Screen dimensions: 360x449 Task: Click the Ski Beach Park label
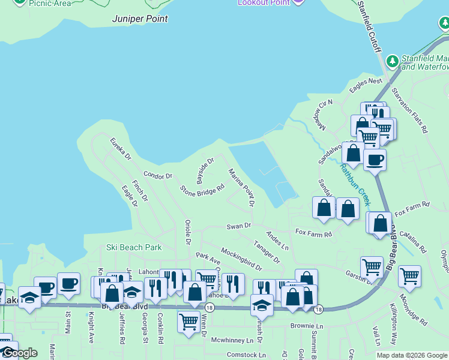[x=134, y=247]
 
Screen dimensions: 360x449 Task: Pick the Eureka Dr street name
[x=120, y=149]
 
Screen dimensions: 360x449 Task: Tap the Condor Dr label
[x=158, y=176]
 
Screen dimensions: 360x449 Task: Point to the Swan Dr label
[x=238, y=226]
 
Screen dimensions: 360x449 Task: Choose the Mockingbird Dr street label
[x=241, y=259]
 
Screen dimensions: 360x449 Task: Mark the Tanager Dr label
[x=267, y=252]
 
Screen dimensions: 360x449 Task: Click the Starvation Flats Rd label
[x=409, y=110]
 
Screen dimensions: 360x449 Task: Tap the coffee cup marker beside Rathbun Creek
[x=375, y=160]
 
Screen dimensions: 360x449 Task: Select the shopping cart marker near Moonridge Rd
[x=409, y=276]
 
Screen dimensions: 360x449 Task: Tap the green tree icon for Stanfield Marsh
[x=393, y=61]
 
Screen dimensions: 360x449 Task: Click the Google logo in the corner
[x=19, y=353]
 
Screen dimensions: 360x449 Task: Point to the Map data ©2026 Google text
[x=412, y=355]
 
